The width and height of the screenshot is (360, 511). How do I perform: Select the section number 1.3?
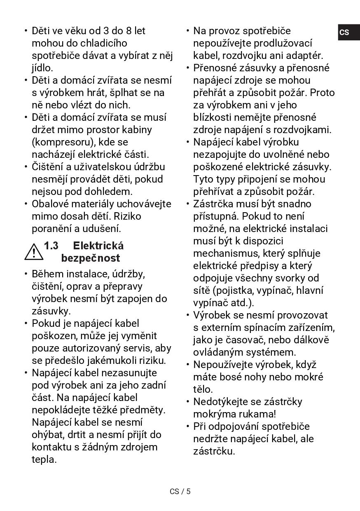(x=51, y=246)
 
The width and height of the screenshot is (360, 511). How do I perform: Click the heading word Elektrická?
(x=98, y=246)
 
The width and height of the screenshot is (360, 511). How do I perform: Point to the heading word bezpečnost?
(x=90, y=258)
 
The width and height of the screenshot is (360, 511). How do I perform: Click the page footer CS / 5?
(x=180, y=491)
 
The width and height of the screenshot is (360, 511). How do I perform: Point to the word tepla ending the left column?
(x=44, y=459)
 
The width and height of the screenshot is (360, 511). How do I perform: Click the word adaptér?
(x=304, y=56)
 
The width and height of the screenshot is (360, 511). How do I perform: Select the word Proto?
(x=322, y=93)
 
